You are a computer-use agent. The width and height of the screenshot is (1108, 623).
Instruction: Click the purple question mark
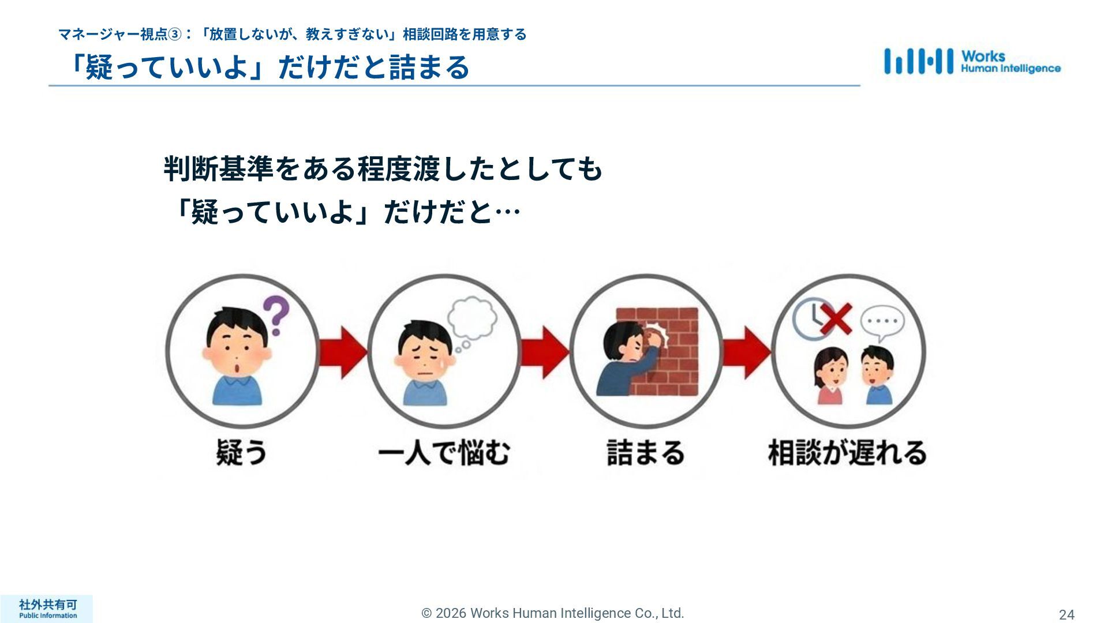click(x=276, y=315)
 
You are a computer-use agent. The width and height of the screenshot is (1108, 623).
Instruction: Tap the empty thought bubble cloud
click(x=473, y=318)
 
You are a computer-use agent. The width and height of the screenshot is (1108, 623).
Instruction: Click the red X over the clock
click(x=835, y=319)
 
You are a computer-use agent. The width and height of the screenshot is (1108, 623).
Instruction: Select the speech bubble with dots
click(x=882, y=321)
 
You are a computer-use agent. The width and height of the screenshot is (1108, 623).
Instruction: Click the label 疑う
click(x=242, y=452)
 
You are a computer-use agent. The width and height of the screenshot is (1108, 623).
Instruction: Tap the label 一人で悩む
click(x=444, y=452)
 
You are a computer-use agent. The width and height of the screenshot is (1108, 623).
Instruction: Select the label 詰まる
click(x=646, y=452)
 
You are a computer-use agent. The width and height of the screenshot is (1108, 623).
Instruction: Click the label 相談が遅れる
click(x=847, y=452)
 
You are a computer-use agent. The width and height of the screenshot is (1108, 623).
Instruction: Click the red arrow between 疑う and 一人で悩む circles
click(x=343, y=352)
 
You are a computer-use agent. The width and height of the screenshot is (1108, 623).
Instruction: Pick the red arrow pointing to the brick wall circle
click(x=545, y=352)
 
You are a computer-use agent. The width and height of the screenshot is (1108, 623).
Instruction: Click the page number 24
click(x=1066, y=614)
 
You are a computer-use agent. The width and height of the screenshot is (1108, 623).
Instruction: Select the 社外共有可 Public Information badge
click(x=47, y=609)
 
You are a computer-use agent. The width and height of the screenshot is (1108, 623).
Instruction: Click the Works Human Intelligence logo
click(x=972, y=62)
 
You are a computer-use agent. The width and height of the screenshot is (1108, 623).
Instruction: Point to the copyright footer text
click(x=553, y=613)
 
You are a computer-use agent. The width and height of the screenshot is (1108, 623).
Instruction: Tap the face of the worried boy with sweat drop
click(x=424, y=361)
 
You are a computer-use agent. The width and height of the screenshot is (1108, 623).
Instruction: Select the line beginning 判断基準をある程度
click(x=383, y=169)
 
